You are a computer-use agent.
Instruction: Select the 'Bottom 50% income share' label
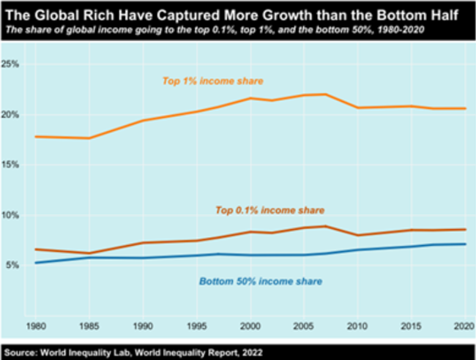(261, 280)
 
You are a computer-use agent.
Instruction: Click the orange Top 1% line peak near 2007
(325, 94)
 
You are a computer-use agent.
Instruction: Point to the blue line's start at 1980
(34, 263)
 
